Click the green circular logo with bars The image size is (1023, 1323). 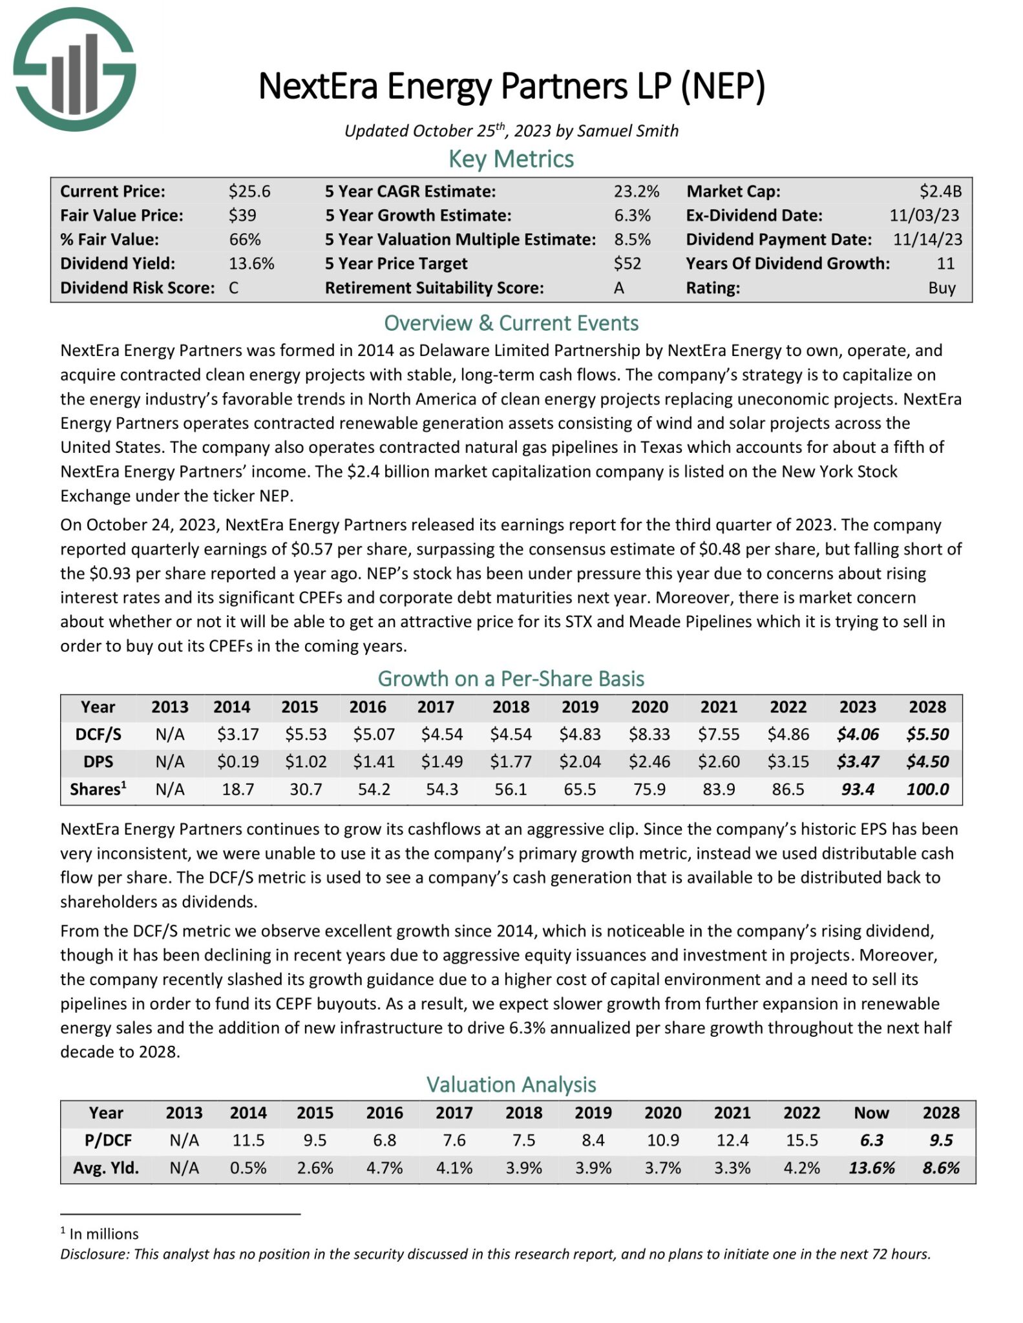(74, 70)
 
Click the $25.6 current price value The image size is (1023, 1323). (249, 191)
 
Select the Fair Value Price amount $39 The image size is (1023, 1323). (242, 215)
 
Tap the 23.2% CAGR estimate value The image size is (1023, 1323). (636, 191)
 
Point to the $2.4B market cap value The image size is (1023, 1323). (940, 191)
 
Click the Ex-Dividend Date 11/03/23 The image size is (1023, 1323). (924, 215)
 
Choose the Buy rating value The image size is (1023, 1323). (942, 288)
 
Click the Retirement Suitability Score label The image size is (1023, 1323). (434, 288)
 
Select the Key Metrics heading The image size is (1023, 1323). (511, 159)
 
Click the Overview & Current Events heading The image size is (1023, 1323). (511, 323)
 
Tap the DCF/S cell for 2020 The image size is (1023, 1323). (649, 734)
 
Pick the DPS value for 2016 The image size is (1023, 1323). (374, 762)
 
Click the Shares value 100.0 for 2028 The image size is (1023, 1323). (927, 789)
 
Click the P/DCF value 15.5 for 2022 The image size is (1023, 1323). (801, 1141)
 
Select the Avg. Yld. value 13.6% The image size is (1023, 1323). (871, 1168)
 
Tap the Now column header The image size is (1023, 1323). (871, 1113)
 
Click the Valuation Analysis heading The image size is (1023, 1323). (511, 1085)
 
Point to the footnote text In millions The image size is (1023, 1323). (103, 1234)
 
